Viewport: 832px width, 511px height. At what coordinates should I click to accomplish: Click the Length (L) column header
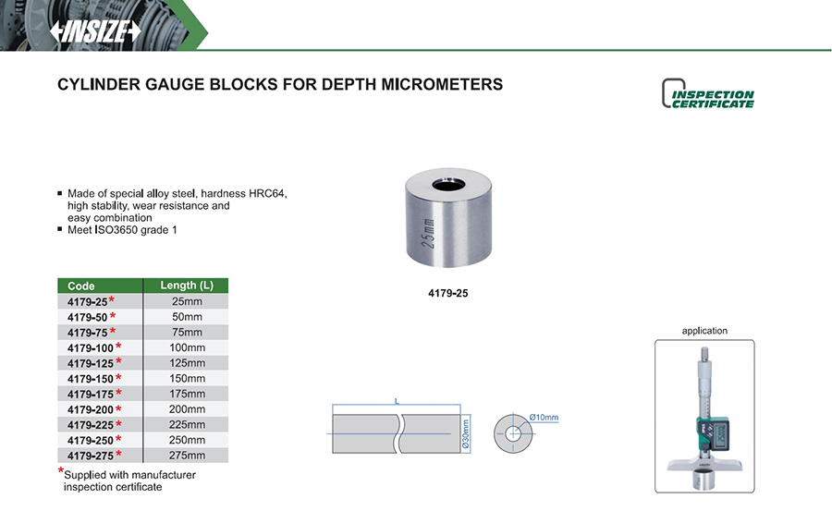187,286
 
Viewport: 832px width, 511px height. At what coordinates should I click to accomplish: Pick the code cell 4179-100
90,347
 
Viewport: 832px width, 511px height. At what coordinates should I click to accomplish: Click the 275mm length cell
187,456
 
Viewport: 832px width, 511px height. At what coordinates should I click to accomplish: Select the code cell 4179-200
90,409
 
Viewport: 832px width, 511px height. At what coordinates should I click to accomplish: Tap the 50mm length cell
187,317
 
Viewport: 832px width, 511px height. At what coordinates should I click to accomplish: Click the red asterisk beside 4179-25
112,300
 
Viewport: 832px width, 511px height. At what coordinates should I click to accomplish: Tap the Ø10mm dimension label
544,418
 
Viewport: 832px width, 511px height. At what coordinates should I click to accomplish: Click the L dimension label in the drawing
396,401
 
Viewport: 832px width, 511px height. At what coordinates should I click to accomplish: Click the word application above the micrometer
704,331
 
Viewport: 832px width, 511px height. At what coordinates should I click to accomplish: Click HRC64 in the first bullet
267,194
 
